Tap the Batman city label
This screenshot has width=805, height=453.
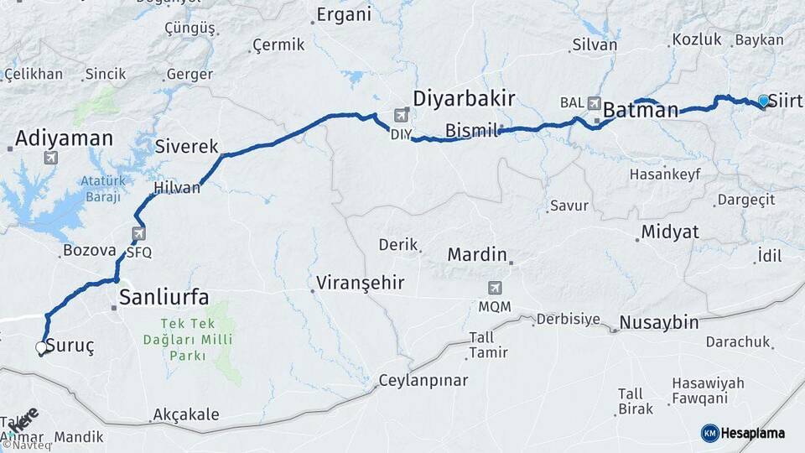tap(641, 110)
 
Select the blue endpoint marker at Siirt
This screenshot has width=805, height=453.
tap(763, 101)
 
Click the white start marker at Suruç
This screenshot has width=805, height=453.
tap(41, 346)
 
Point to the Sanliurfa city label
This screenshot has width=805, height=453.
tap(164, 295)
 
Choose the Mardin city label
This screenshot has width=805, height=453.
tap(477, 254)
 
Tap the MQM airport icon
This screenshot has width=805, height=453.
tap(495, 288)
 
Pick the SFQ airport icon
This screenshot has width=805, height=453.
tap(138, 234)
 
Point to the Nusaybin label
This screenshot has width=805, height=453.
tap(658, 323)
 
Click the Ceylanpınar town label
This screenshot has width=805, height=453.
tap(423, 381)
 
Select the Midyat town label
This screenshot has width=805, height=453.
tap(669, 232)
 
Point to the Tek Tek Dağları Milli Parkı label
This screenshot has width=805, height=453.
tap(186, 340)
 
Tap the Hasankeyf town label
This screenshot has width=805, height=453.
tap(665, 175)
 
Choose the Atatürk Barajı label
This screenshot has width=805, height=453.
tap(103, 190)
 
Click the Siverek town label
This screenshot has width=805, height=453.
tap(186, 146)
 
